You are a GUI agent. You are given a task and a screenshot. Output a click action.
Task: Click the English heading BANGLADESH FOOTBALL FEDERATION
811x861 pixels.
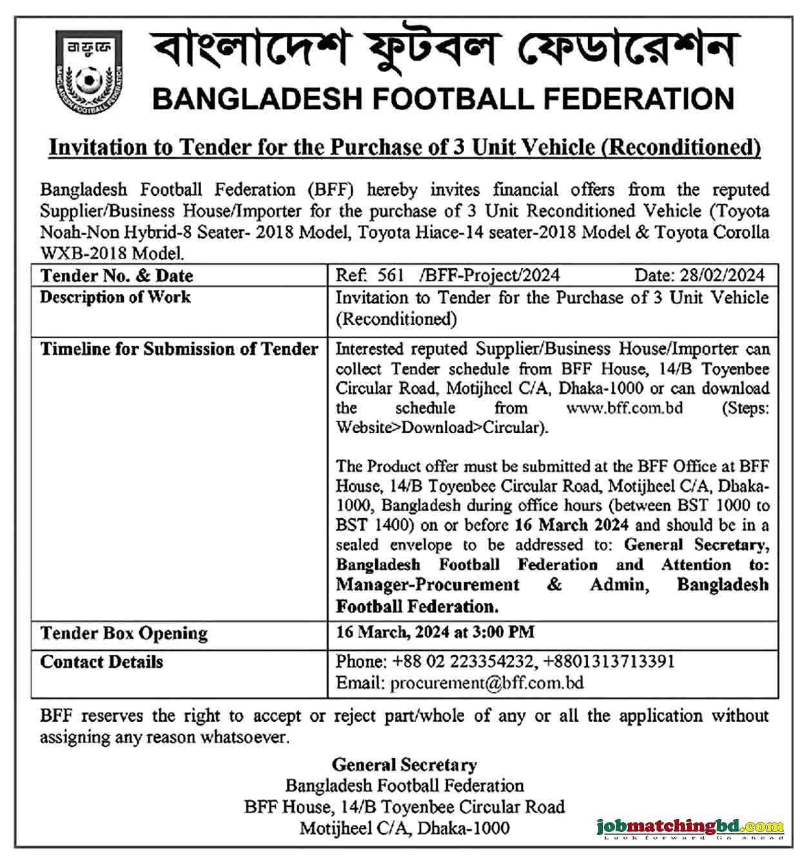click(x=444, y=99)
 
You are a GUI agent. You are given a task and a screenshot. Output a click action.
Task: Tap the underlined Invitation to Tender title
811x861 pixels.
click(x=405, y=148)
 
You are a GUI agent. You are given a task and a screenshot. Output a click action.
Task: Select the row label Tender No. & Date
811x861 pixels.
click(x=117, y=276)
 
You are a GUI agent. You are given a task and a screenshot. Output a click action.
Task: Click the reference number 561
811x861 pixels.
click(x=389, y=276)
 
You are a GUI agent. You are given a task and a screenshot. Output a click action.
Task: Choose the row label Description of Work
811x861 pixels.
click(x=115, y=297)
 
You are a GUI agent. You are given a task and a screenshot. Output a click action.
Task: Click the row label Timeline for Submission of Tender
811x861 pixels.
click(x=179, y=349)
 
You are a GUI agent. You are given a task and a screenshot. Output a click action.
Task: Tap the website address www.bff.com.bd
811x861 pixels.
click(x=624, y=408)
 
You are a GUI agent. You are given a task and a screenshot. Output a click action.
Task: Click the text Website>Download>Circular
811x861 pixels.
click(x=441, y=428)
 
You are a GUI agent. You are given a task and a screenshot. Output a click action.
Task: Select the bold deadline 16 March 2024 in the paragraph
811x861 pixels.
click(x=572, y=525)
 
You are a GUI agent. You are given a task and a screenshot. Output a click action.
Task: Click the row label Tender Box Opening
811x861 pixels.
click(x=124, y=634)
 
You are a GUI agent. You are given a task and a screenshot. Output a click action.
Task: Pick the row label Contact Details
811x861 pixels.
click(x=102, y=663)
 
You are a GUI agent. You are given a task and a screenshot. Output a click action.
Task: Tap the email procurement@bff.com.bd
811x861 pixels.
click(x=487, y=683)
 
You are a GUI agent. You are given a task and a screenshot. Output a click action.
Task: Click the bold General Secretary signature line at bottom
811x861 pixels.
click(x=404, y=765)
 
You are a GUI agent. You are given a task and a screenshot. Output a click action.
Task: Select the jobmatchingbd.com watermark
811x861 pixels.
click(x=690, y=827)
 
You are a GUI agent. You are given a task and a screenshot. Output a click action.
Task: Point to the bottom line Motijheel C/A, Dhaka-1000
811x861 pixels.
click(x=404, y=828)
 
